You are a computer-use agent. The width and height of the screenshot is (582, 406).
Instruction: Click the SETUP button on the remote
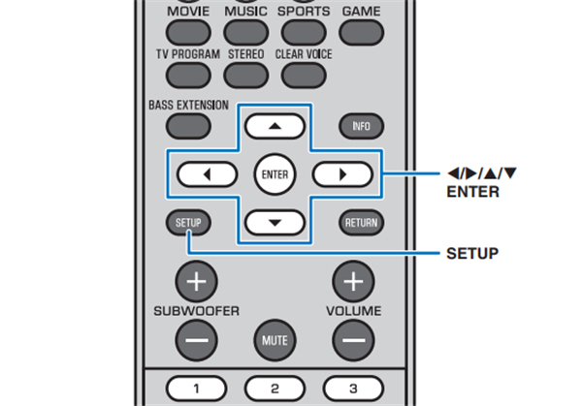pos(188,222)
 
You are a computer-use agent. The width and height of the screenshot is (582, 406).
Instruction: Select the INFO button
pos(360,126)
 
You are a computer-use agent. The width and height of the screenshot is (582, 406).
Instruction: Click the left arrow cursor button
pos(208,174)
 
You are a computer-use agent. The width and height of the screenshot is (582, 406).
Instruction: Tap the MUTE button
pos(274,340)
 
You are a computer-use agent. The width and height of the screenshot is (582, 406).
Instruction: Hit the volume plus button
pos(353,282)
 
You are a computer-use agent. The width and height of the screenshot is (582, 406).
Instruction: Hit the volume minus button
pos(353,340)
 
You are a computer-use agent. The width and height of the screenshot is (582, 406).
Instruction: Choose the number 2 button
pos(275,389)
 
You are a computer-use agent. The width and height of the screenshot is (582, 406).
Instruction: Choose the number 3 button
pos(353,389)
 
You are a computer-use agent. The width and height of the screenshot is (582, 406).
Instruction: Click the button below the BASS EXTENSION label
pos(187,125)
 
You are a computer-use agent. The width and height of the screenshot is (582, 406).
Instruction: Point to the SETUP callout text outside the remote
pos(472,254)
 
